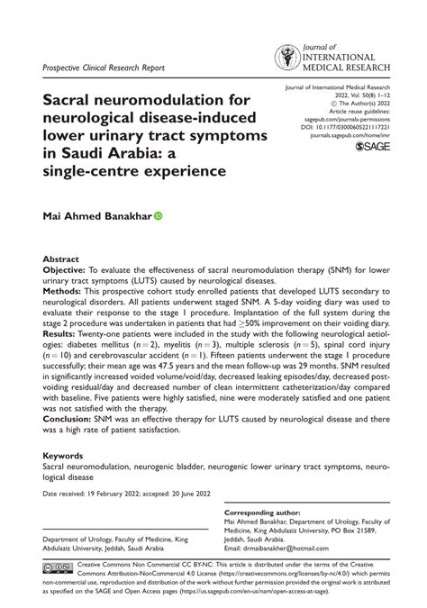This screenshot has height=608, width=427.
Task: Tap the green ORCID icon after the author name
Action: (159, 216)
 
